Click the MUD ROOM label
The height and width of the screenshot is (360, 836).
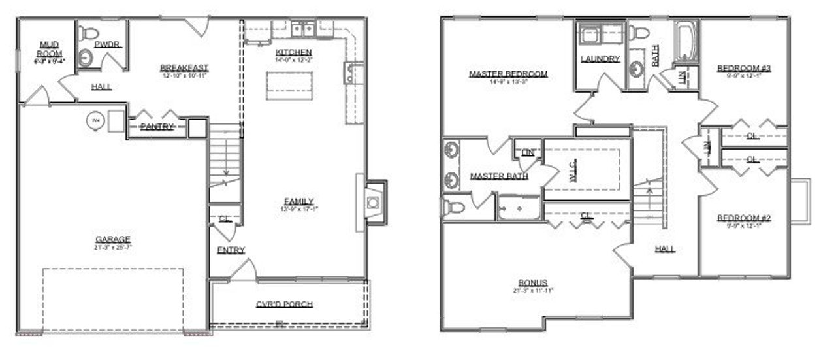pyautogui.click(x=49, y=49)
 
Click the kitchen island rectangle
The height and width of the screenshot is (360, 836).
pyautogui.click(x=289, y=86)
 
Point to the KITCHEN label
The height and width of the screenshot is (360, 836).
pyautogui.click(x=293, y=52)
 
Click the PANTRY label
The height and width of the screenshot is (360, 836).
pyautogui.click(x=156, y=127)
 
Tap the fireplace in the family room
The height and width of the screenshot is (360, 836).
pyautogui.click(x=373, y=202)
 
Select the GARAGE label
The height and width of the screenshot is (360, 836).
pyautogui.click(x=113, y=239)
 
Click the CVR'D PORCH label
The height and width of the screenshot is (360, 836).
pyautogui.click(x=284, y=304)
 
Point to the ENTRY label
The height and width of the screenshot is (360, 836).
pyautogui.click(x=231, y=250)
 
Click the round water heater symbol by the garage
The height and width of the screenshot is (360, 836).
pyautogui.click(x=95, y=121)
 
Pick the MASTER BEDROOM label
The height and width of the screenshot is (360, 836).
pyautogui.click(x=508, y=74)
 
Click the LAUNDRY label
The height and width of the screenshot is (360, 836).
pyautogui.click(x=600, y=59)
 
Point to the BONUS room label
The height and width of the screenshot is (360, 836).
pyautogui.click(x=533, y=282)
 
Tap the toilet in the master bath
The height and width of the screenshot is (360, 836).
pyautogui.click(x=455, y=207)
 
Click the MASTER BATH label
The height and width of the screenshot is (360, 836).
pyautogui.click(x=499, y=176)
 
